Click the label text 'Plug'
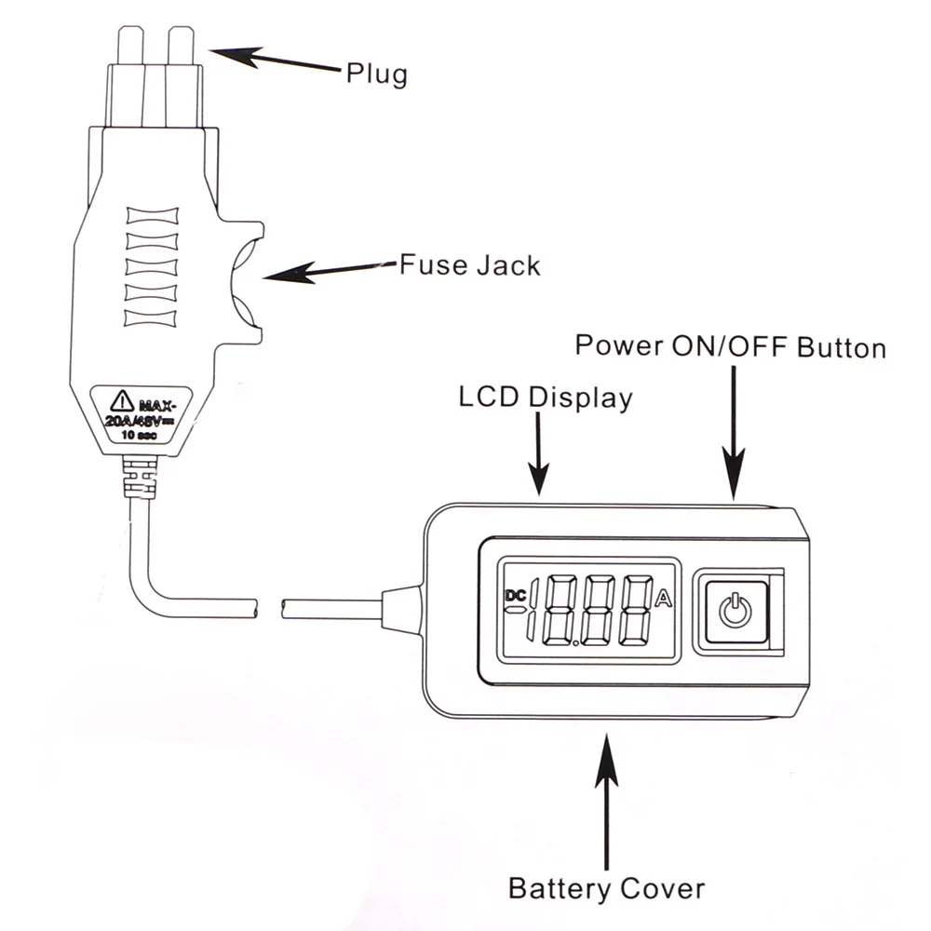tap(376, 73)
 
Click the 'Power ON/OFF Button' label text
tap(730, 346)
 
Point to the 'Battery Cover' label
tap(606, 887)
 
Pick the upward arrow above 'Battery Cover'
tap(607, 801)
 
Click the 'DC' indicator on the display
tap(515, 594)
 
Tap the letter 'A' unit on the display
tap(664, 599)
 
